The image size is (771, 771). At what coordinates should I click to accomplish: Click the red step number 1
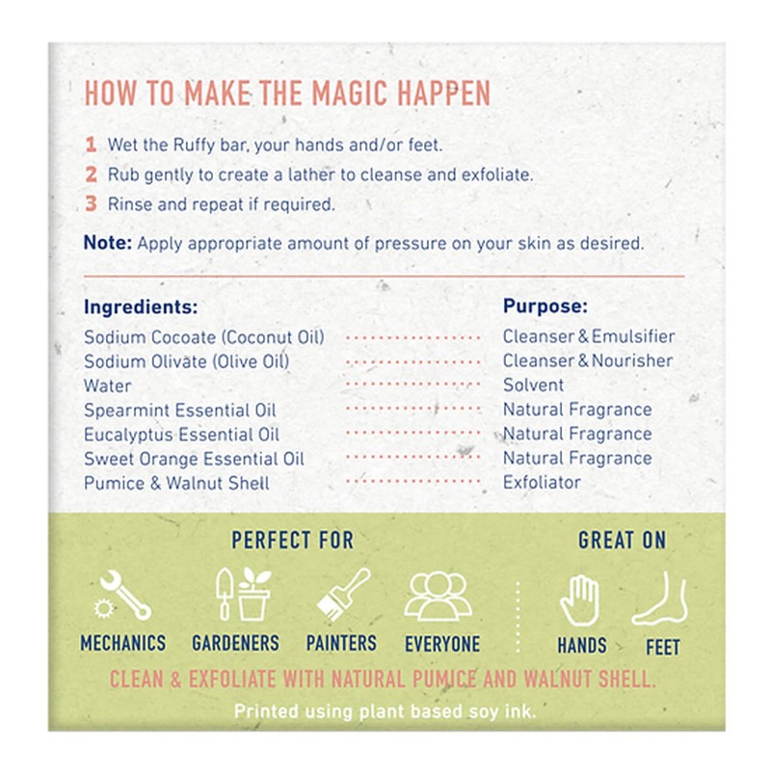(91, 145)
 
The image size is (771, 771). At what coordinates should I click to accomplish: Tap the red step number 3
(91, 203)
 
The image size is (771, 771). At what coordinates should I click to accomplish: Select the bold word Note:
(108, 243)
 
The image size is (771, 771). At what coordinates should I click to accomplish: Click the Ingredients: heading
(141, 306)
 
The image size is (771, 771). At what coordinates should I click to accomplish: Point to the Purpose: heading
(545, 306)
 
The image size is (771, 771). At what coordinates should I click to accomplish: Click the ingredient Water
(108, 386)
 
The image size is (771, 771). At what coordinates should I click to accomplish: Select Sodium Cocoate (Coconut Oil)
(204, 337)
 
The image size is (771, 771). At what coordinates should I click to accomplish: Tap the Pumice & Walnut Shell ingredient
(176, 483)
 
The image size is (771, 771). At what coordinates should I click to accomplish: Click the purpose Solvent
(534, 385)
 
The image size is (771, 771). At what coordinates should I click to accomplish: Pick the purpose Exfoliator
(542, 483)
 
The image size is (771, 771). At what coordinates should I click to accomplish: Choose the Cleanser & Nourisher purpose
(588, 360)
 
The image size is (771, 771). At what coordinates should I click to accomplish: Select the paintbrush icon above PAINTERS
(343, 594)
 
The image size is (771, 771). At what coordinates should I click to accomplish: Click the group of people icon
(439, 596)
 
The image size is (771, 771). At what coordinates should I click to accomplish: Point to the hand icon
(580, 599)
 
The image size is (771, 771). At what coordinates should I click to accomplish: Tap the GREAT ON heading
(622, 540)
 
